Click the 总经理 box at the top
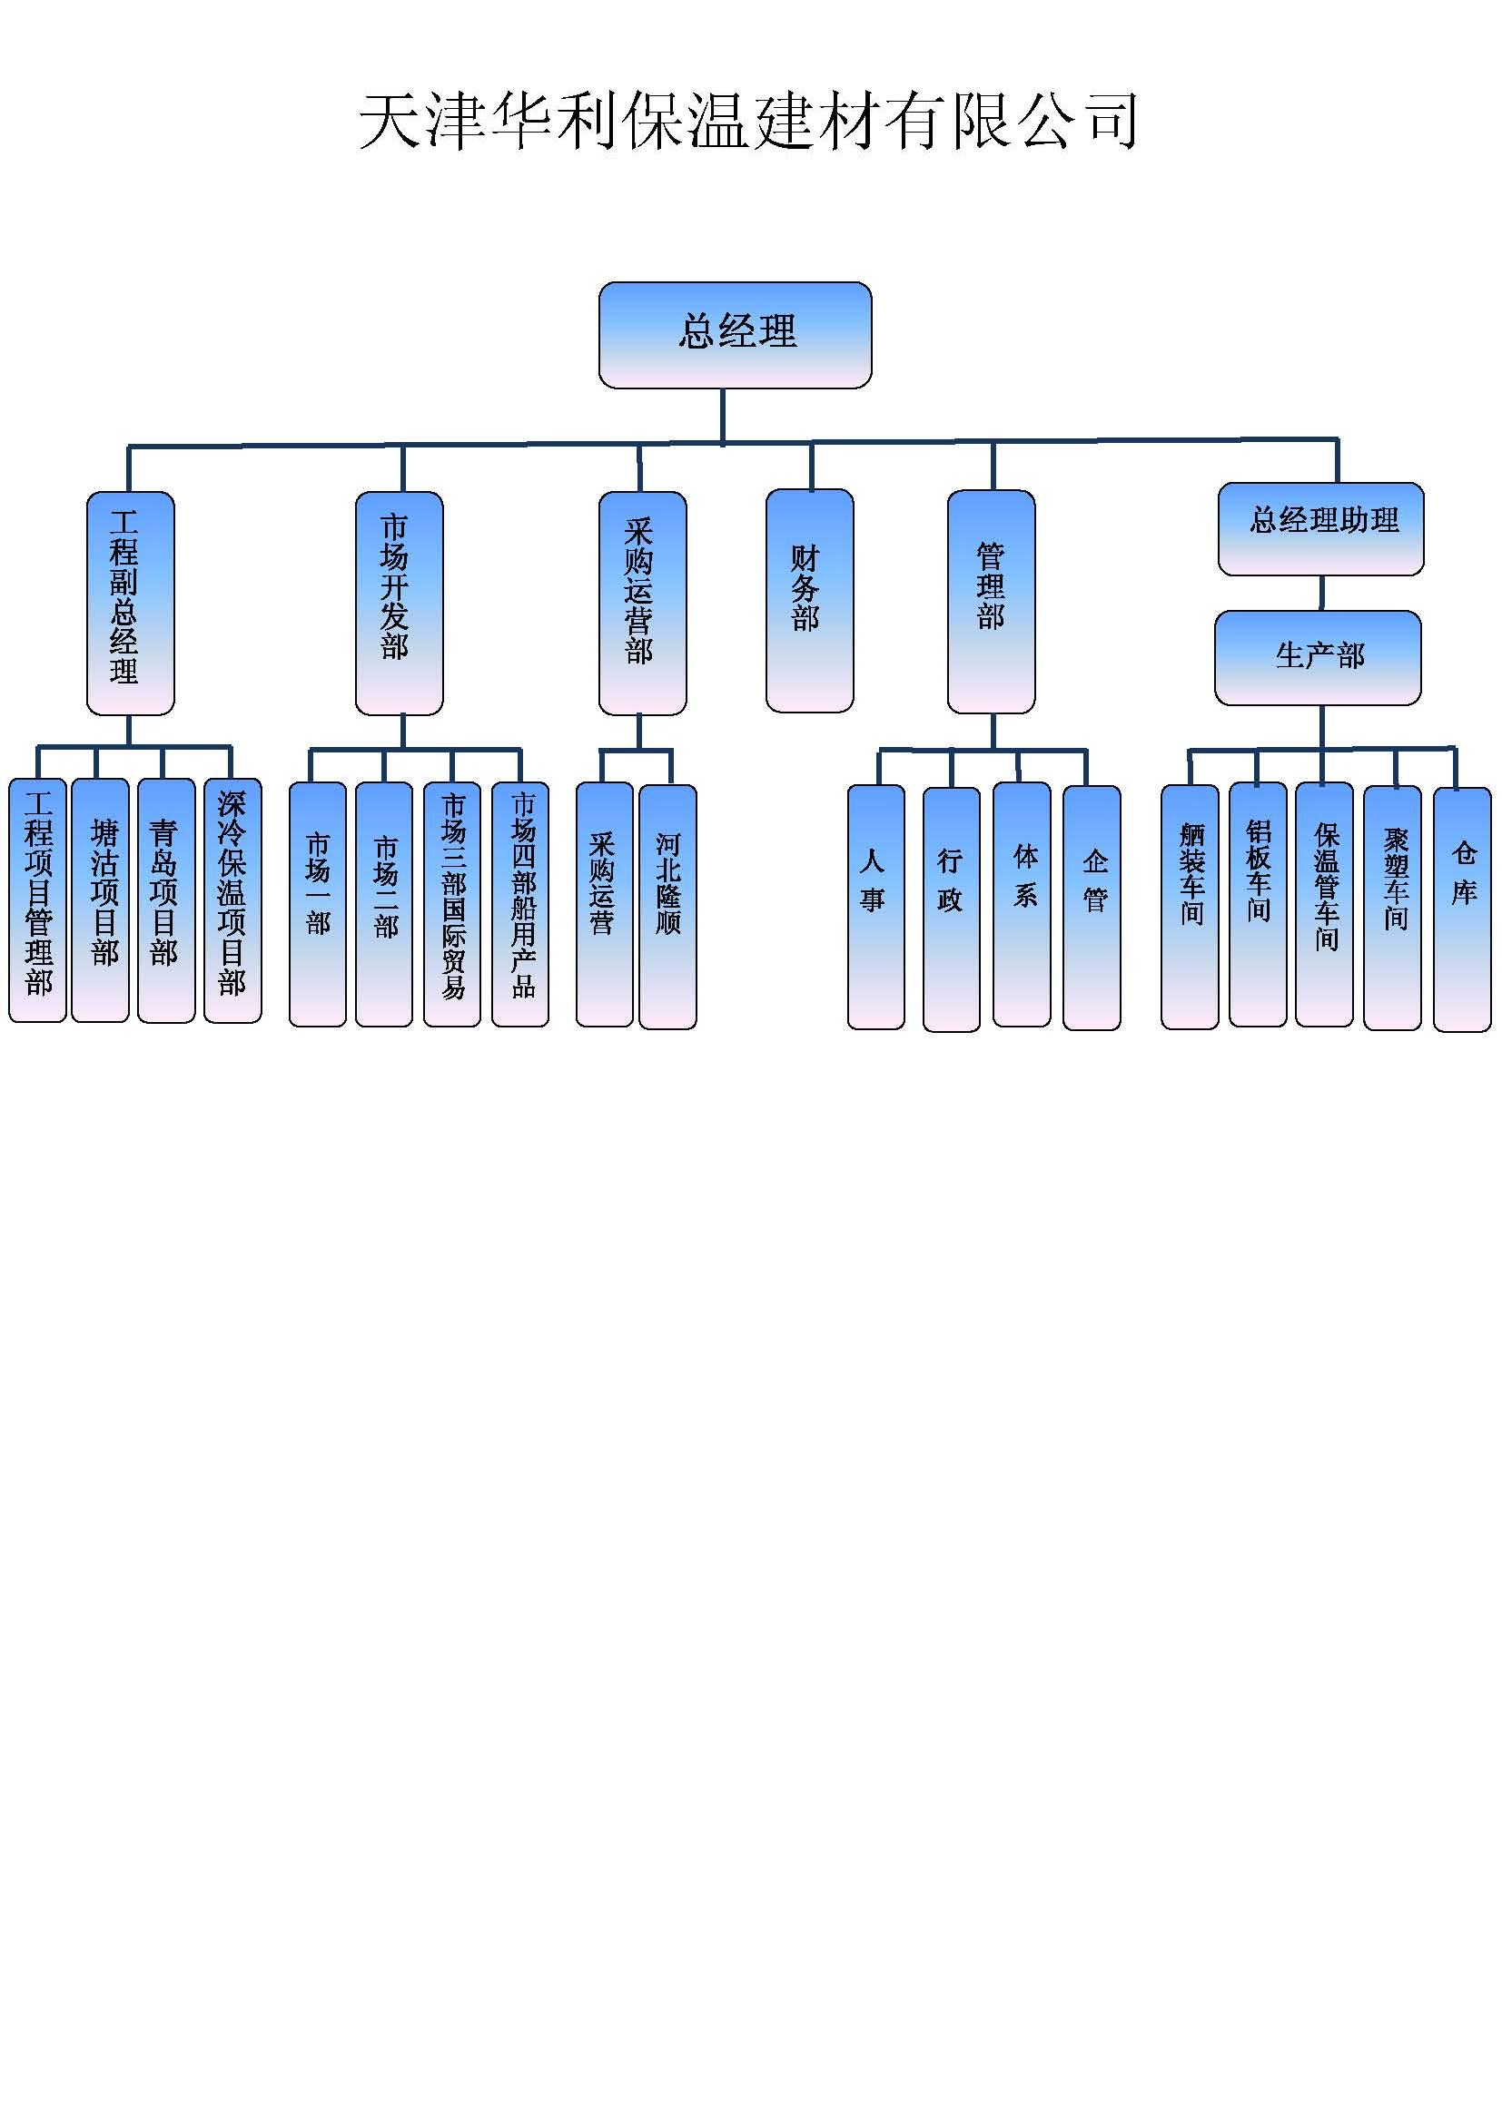(x=736, y=335)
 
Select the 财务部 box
(x=809, y=601)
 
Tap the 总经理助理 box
(x=1320, y=529)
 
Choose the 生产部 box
(x=1318, y=657)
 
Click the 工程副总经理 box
(x=131, y=603)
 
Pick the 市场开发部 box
(x=400, y=603)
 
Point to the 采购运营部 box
(x=642, y=603)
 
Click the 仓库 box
(x=1461, y=908)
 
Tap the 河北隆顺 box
(x=667, y=906)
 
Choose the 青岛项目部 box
(x=166, y=900)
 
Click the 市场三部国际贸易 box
(x=452, y=904)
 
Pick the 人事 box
(x=875, y=906)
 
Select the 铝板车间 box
(x=1258, y=904)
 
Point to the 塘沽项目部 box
(x=100, y=900)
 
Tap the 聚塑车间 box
(x=1392, y=906)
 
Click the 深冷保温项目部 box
(x=233, y=900)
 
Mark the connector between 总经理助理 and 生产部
(x=1320, y=593)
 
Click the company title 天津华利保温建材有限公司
(x=747, y=121)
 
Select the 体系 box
(x=1021, y=904)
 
